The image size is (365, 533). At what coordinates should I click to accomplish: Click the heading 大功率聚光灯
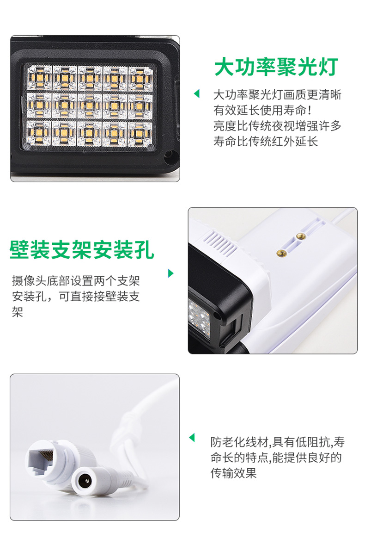[x=276, y=67]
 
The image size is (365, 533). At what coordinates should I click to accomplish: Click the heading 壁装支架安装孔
[x=82, y=250]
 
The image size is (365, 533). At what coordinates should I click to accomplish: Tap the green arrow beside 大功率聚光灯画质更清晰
[x=196, y=93]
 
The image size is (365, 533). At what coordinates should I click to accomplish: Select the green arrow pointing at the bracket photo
[x=171, y=273]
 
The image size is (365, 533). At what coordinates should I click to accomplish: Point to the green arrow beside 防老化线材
[x=192, y=438]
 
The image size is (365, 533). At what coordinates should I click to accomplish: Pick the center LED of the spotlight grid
[x=89, y=105]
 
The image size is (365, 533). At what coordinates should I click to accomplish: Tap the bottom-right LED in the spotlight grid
[x=140, y=133]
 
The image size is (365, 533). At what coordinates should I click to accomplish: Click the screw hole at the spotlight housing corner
[x=168, y=157]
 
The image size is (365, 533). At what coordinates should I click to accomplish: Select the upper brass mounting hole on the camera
[x=300, y=236]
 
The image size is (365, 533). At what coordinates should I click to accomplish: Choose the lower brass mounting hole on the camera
[x=281, y=253]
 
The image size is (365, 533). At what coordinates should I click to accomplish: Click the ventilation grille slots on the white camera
[x=219, y=242]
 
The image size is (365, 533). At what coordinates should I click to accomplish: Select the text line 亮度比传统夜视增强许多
[x=277, y=126]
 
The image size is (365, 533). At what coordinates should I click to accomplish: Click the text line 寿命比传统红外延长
[x=266, y=142]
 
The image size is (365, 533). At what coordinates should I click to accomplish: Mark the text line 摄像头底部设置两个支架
[x=76, y=281]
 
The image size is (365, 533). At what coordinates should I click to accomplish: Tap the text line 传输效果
[x=234, y=473]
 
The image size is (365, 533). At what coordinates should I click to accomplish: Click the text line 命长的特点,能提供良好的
[x=276, y=458]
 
